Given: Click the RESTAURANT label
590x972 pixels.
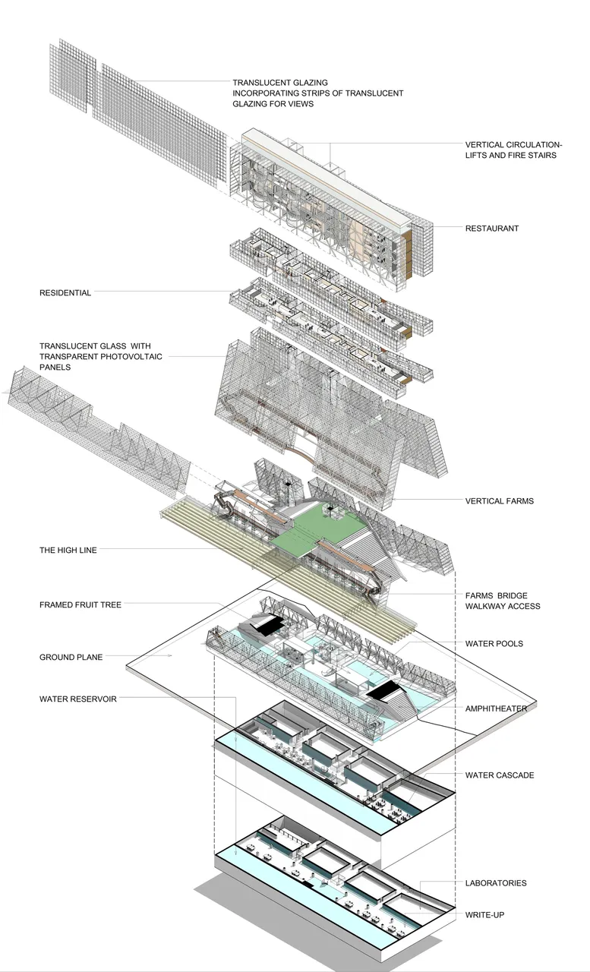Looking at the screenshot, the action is pos(491,229).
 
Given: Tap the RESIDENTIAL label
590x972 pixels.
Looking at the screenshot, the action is pos(65,293).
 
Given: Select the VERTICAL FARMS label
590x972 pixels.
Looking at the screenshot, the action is pos(500,500).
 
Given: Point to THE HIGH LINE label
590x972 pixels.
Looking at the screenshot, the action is pos(68,551).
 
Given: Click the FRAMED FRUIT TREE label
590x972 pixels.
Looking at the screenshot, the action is pos(80,605).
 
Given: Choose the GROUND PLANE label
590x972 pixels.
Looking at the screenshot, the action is pos(71,657).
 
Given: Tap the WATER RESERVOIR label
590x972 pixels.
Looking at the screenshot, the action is pos(78,699).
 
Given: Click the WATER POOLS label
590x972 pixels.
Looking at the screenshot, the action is pos(494,643).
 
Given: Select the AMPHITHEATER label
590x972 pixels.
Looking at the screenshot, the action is pos(496,708).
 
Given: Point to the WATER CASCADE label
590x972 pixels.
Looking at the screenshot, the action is pos(500,775).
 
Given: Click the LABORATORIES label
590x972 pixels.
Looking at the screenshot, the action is pos(496,883).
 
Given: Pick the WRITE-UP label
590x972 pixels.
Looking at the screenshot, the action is pos(484,915).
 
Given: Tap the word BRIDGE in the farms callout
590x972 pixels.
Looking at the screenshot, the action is pos(513,595).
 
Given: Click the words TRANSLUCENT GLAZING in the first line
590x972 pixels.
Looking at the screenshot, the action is pos(280,83).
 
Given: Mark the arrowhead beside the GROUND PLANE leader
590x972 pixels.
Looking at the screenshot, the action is pos(170,655).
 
